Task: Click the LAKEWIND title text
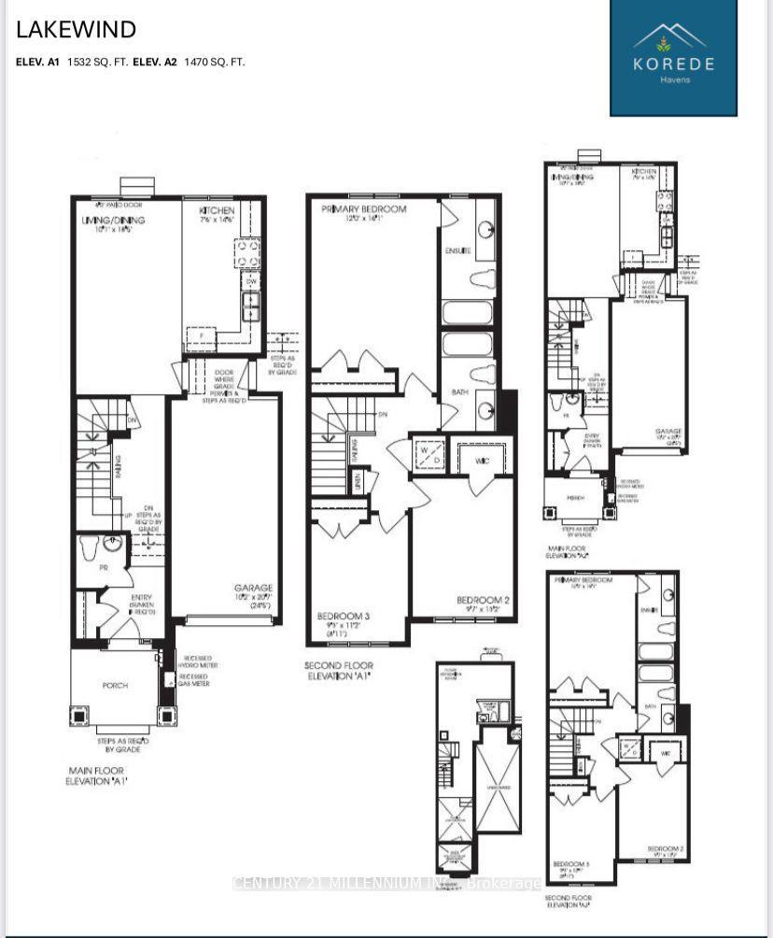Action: pos(77,30)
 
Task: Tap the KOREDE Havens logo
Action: pos(673,58)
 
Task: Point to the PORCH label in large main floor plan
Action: pos(115,685)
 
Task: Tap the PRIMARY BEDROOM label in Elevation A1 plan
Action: pos(363,209)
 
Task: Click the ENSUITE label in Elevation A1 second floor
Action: pos(456,252)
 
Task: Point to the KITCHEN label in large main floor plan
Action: pos(217,212)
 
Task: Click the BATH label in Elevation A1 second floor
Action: pos(460,392)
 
